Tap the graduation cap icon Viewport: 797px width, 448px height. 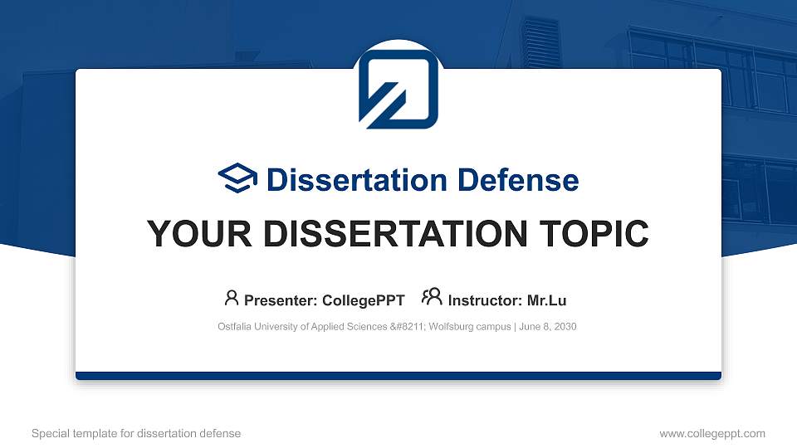click(x=237, y=178)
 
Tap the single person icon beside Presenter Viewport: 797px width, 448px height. click(x=232, y=298)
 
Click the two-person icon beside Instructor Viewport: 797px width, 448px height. click(x=432, y=298)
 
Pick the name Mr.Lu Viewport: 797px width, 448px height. click(x=546, y=300)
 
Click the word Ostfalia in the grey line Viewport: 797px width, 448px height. click(x=235, y=327)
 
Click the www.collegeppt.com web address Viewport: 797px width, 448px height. click(x=712, y=433)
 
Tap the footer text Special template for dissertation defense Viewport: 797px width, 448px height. click(x=136, y=433)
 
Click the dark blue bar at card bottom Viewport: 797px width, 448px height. click(x=398, y=376)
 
